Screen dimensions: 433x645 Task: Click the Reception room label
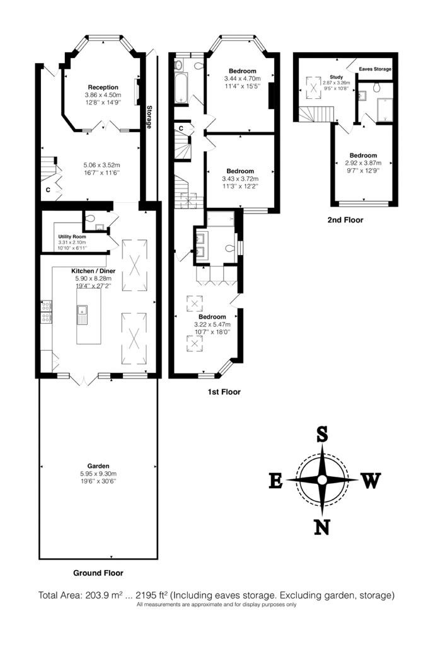click(103, 87)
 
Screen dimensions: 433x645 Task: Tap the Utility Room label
click(72, 237)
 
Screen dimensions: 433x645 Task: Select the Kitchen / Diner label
click(93, 271)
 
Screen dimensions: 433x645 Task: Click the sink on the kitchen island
click(81, 315)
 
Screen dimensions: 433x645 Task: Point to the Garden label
click(98, 466)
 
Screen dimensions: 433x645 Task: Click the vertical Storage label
click(149, 117)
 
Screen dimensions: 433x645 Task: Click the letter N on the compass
click(322, 527)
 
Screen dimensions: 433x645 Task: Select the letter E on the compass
click(276, 481)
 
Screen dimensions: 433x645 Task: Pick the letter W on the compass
click(371, 481)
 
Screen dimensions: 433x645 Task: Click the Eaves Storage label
click(375, 69)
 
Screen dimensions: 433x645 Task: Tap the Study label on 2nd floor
click(337, 77)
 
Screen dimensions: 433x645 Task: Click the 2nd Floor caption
click(345, 220)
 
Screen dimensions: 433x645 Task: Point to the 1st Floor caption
click(224, 392)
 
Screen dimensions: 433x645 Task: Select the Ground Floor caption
click(98, 573)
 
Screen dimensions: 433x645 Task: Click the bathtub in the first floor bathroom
click(181, 88)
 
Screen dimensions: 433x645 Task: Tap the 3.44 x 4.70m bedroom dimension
click(243, 79)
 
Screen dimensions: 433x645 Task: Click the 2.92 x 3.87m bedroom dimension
click(363, 163)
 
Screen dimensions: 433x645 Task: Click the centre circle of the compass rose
click(322, 480)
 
